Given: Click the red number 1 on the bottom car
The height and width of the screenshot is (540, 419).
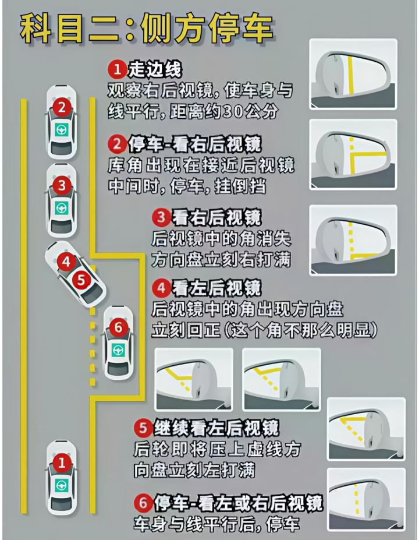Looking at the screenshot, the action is (62, 462).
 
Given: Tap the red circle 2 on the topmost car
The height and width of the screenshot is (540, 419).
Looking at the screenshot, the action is (62, 107).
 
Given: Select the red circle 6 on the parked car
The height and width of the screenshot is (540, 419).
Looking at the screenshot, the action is (118, 327).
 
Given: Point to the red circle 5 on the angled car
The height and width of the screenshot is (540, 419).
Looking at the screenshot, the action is (81, 280).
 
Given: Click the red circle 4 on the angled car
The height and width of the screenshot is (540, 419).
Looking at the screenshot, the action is (66, 262).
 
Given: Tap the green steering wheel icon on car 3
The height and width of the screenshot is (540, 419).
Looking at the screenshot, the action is (62, 208).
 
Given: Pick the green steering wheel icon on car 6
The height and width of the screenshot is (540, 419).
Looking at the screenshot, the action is (118, 350).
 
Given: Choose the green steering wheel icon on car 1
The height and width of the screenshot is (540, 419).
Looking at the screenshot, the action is (62, 485).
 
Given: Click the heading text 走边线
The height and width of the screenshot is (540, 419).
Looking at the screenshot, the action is (154, 69).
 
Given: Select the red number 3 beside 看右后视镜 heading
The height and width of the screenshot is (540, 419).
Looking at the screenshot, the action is (161, 217).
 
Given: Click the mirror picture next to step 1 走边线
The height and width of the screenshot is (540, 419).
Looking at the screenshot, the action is (353, 75).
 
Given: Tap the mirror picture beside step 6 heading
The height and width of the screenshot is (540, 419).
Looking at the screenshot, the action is (367, 500).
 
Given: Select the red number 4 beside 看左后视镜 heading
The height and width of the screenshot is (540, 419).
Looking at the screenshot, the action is (161, 288).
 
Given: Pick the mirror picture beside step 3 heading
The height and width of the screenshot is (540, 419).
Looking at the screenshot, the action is (353, 241).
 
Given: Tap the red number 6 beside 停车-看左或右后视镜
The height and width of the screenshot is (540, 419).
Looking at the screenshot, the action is (143, 503).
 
